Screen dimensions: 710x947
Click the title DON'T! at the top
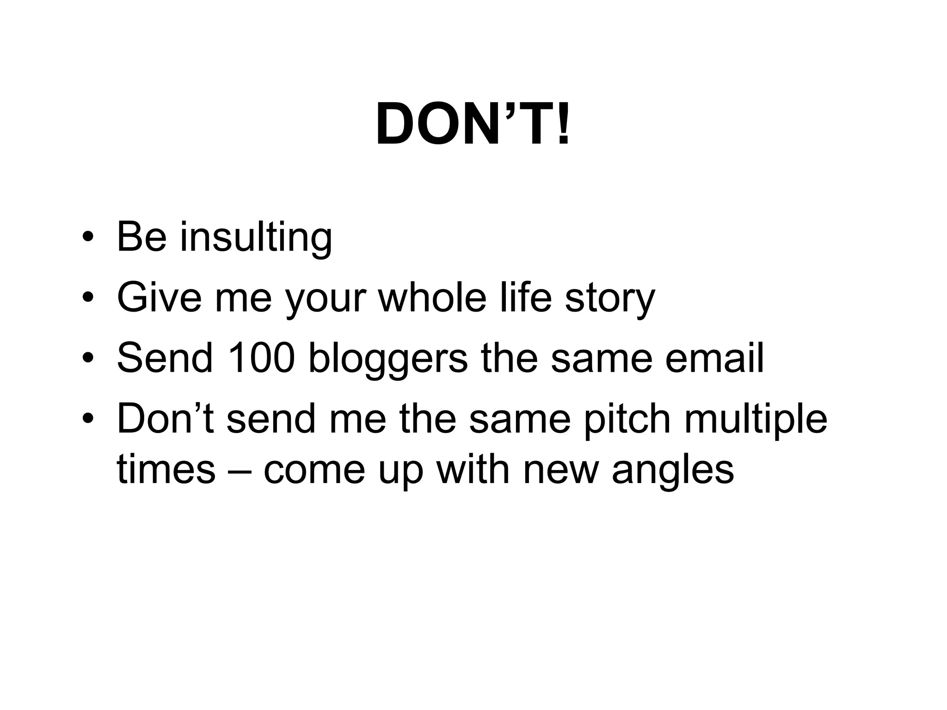coord(473,124)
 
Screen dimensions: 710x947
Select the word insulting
coord(256,238)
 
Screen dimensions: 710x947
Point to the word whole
coord(433,297)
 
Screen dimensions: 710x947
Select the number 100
coord(261,358)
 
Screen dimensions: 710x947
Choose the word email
coord(714,358)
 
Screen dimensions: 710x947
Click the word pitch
coord(627,420)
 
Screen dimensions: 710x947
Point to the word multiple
coord(756,420)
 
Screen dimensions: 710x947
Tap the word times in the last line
coord(166,469)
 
